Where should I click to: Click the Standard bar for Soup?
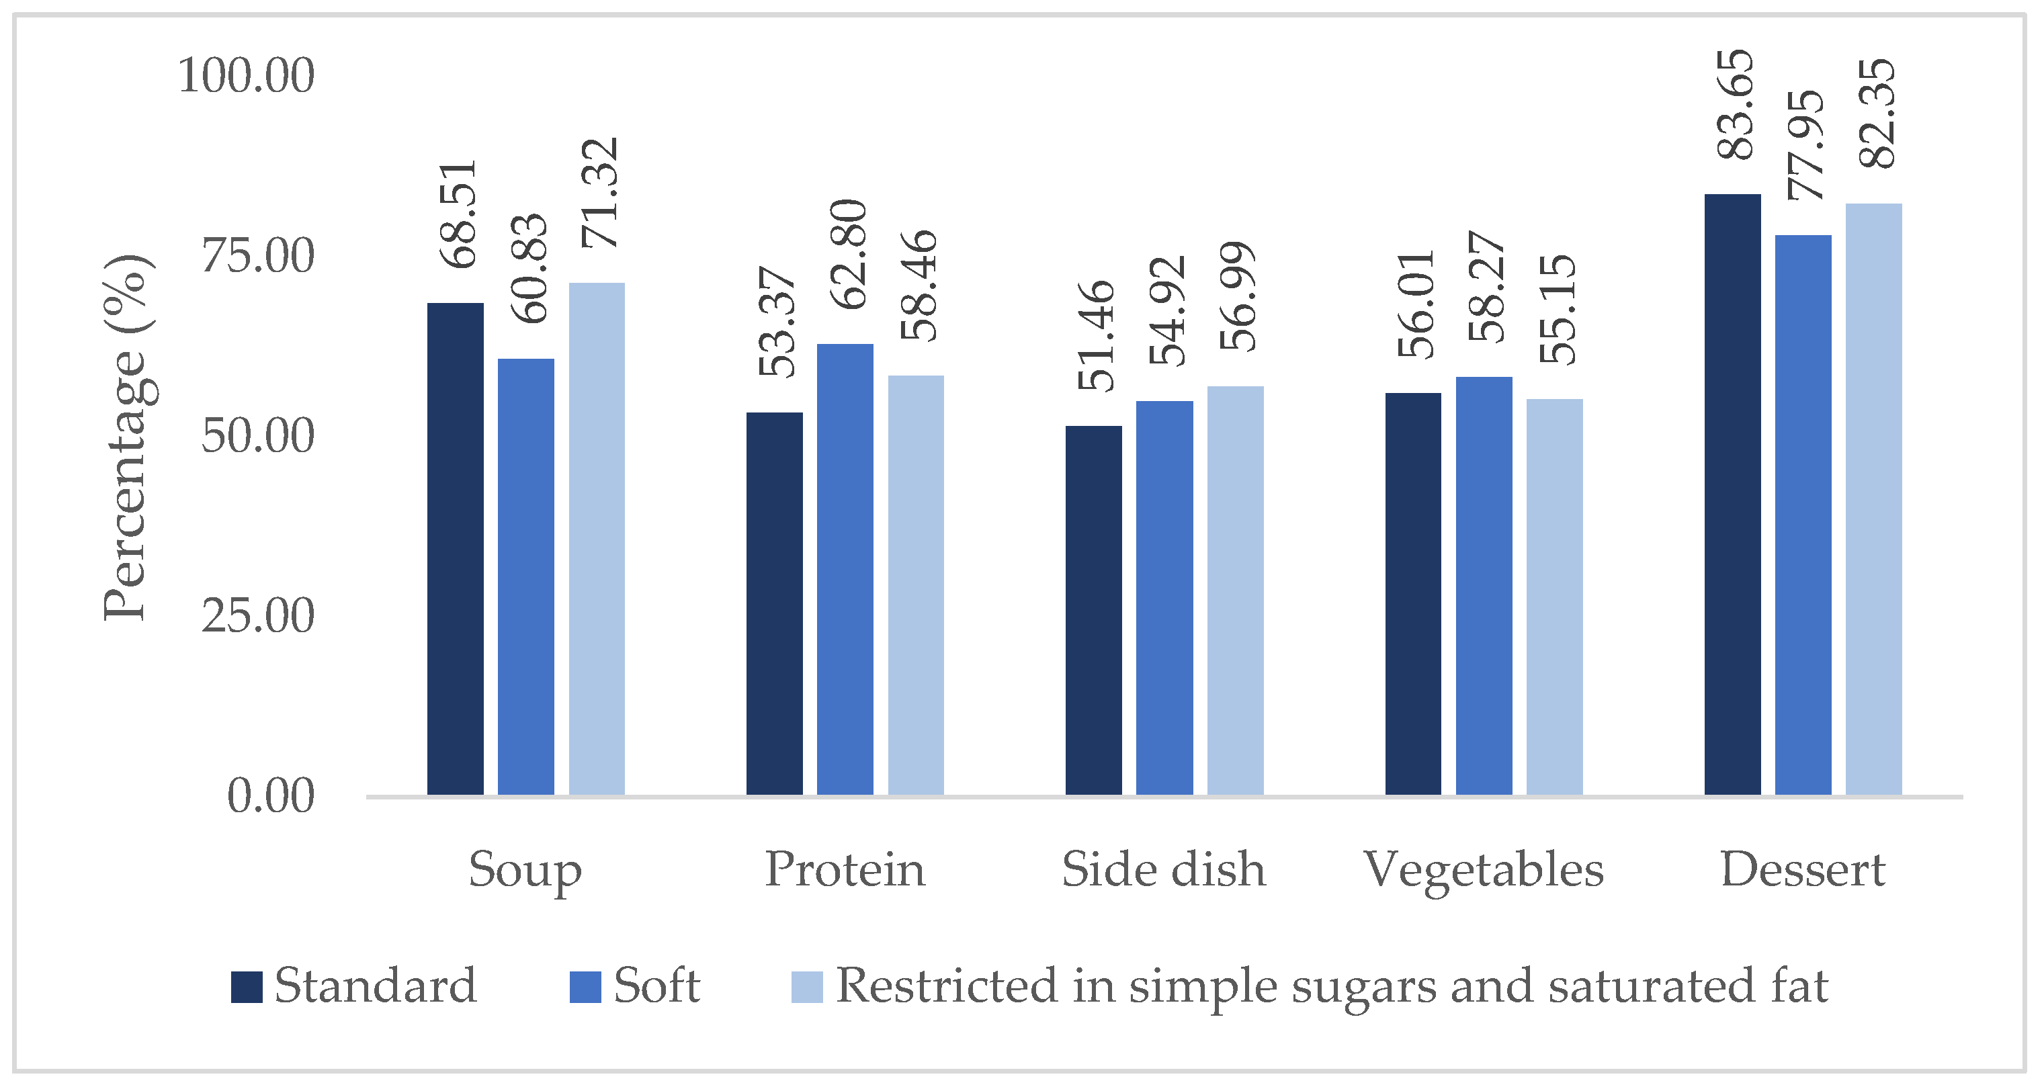point(455,548)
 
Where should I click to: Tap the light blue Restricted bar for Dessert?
point(1873,499)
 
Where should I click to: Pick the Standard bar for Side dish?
point(1093,610)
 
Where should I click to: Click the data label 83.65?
point(1736,105)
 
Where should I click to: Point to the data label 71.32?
point(599,193)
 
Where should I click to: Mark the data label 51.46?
point(1097,336)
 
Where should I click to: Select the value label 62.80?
point(848,254)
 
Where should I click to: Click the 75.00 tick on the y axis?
point(258,256)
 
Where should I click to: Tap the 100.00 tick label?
point(246,76)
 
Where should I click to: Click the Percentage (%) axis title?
point(126,437)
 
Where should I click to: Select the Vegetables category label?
point(1483,871)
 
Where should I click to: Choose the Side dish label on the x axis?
point(1163,871)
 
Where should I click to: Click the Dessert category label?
point(1802,871)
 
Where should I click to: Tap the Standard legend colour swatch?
point(247,986)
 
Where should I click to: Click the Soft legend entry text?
point(656,986)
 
